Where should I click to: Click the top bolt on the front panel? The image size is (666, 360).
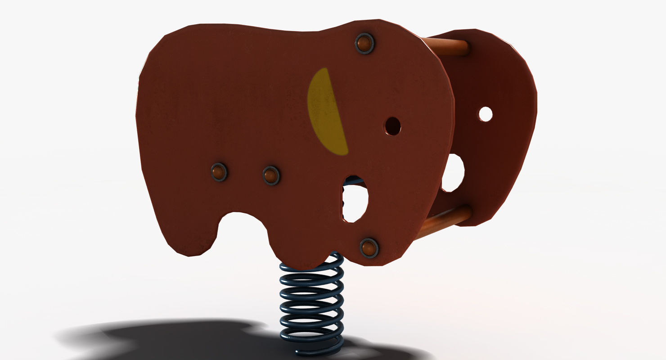click(x=364, y=44)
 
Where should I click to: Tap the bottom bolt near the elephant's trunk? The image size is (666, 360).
click(x=369, y=247)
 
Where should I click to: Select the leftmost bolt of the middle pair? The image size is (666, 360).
click(x=219, y=172)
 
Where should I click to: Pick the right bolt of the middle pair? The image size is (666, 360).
click(x=271, y=175)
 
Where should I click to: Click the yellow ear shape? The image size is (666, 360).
click(x=327, y=112)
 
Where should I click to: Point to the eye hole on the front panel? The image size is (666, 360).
click(x=392, y=126)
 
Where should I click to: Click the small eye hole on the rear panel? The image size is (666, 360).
click(x=485, y=114)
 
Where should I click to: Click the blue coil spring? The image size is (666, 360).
click(x=311, y=306)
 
